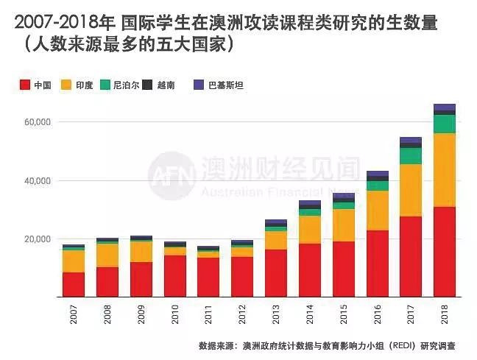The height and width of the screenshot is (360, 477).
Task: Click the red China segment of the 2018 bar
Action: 445,252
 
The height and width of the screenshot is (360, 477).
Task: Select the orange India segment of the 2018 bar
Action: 445,170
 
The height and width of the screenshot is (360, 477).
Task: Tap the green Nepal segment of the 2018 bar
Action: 445,124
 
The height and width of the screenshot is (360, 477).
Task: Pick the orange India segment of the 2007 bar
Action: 74,261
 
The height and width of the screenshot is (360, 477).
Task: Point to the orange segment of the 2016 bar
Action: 377,211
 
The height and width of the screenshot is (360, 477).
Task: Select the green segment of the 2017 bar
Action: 411,156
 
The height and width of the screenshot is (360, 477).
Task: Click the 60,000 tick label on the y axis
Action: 34,121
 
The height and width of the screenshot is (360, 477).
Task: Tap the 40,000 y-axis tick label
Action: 34,180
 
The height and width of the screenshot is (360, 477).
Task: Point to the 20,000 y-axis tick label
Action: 34,239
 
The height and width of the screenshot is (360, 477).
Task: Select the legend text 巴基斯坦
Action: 225,85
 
